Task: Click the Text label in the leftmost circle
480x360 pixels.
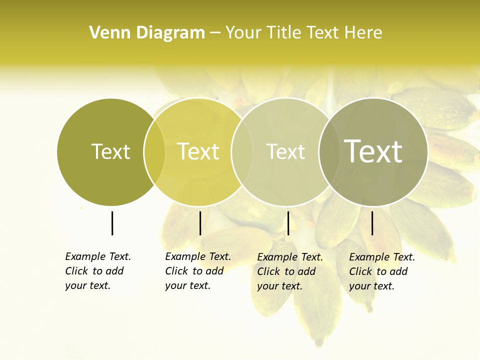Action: [x=110, y=151]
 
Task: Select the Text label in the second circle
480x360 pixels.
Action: [x=198, y=151]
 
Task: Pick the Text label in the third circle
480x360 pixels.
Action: [x=285, y=151]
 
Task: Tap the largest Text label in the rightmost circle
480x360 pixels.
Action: [x=373, y=151]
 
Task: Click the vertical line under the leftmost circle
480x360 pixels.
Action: [x=112, y=223]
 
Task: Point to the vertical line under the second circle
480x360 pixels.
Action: [x=200, y=223]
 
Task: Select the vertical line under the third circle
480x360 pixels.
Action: [x=288, y=223]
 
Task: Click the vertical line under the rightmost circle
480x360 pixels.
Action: [x=372, y=223]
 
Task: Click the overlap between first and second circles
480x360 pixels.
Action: [x=154, y=152]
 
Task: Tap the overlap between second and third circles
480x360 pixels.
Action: [x=242, y=152]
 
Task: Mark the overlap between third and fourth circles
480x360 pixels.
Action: [x=329, y=152]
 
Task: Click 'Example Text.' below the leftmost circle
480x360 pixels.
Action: [x=98, y=256]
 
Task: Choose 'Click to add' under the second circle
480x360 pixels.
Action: [x=194, y=271]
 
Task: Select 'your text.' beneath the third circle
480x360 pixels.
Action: [x=279, y=286]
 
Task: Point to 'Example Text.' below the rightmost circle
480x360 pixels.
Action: [x=382, y=257]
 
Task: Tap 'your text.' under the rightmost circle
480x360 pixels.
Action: [x=371, y=286]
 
